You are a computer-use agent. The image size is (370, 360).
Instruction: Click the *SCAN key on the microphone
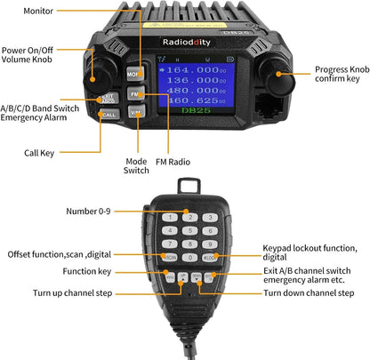(x=170, y=257)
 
